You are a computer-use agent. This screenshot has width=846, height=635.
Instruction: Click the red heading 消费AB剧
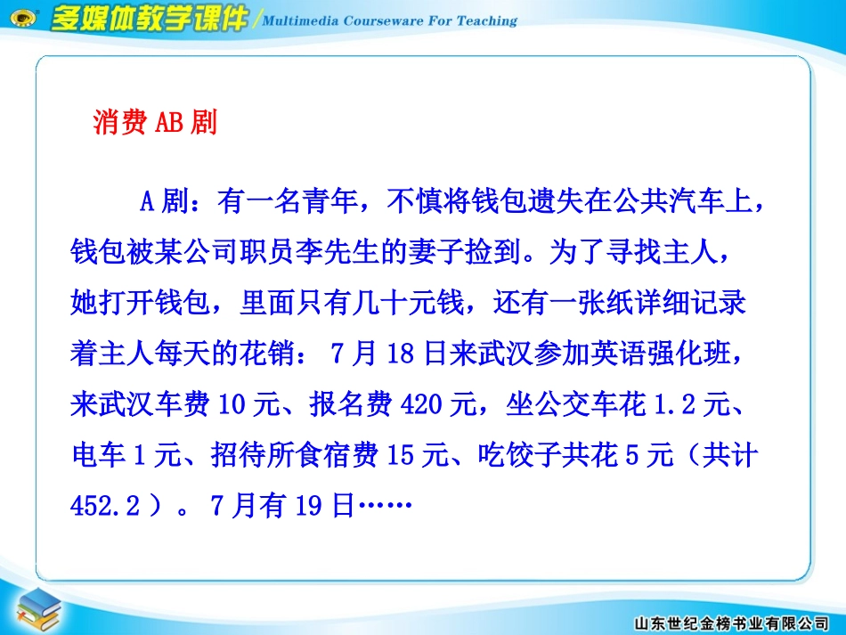155,122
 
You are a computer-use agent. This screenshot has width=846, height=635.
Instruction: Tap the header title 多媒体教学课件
149,20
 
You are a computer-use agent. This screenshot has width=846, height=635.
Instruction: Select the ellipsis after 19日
385,506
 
